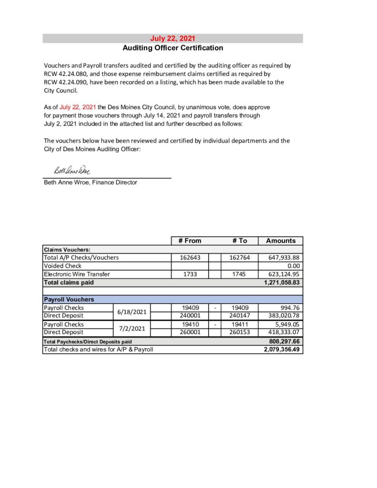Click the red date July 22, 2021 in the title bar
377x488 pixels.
click(173, 39)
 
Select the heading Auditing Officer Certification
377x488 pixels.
click(173, 48)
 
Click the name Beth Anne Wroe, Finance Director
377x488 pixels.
click(91, 182)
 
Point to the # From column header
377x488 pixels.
click(190, 241)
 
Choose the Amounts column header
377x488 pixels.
click(281, 241)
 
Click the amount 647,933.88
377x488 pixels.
click(284, 258)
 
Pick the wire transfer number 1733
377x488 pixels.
click(189, 274)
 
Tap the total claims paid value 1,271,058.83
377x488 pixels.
click(281, 282)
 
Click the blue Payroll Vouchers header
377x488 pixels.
click(69, 299)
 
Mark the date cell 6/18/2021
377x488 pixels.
click(132, 312)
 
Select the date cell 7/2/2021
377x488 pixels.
click(132, 328)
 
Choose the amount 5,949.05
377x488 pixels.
click(286, 324)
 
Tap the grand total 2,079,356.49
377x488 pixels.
click(281, 349)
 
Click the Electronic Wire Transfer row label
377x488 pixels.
click(77, 274)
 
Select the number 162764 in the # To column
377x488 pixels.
click(240, 258)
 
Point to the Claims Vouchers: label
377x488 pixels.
click(67, 249)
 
